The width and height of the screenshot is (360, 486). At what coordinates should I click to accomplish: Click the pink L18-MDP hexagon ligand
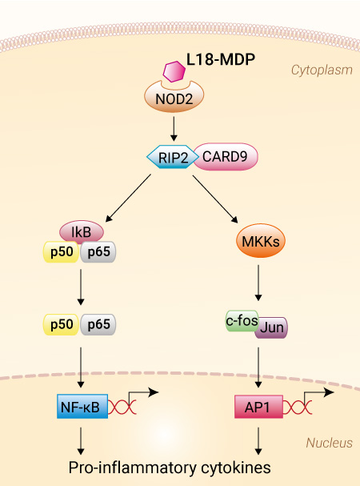pyautogui.click(x=174, y=71)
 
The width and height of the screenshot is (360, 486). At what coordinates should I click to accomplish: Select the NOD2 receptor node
pyautogui.click(x=174, y=98)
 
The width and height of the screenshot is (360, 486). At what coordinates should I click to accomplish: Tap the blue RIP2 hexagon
pyautogui.click(x=173, y=157)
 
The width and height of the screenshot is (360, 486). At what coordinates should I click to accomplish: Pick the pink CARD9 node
pyautogui.click(x=226, y=156)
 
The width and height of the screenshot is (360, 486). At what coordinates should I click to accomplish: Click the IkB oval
pyautogui.click(x=82, y=232)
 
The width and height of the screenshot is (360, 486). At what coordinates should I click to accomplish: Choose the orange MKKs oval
pyautogui.click(x=260, y=241)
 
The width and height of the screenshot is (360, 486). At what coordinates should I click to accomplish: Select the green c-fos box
pyautogui.click(x=242, y=321)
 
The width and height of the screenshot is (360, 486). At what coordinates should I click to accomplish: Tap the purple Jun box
pyautogui.click(x=272, y=327)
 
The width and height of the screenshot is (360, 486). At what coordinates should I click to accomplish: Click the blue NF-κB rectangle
pyautogui.click(x=82, y=407)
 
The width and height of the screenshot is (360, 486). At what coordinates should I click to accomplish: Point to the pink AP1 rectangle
pyautogui.click(x=258, y=407)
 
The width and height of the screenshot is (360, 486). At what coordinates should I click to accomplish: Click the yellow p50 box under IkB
pyautogui.click(x=62, y=251)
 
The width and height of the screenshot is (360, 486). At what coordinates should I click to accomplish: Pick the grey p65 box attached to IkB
pyautogui.click(x=98, y=251)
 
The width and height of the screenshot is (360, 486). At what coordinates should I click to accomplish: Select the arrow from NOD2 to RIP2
pyautogui.click(x=174, y=129)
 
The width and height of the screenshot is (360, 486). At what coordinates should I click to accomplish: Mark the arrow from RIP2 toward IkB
pyautogui.click(x=128, y=198)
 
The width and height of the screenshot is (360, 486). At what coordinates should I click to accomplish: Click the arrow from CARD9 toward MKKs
pyautogui.click(x=215, y=199)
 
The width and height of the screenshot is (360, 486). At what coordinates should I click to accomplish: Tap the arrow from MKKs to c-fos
pyautogui.click(x=258, y=283)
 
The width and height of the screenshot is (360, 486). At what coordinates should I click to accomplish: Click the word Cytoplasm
pyautogui.click(x=322, y=70)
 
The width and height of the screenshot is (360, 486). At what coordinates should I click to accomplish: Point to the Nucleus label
pyautogui.click(x=329, y=443)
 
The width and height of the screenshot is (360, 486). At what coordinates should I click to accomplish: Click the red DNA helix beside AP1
pyautogui.click(x=298, y=408)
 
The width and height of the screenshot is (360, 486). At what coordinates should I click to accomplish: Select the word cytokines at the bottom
pyautogui.click(x=236, y=468)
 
